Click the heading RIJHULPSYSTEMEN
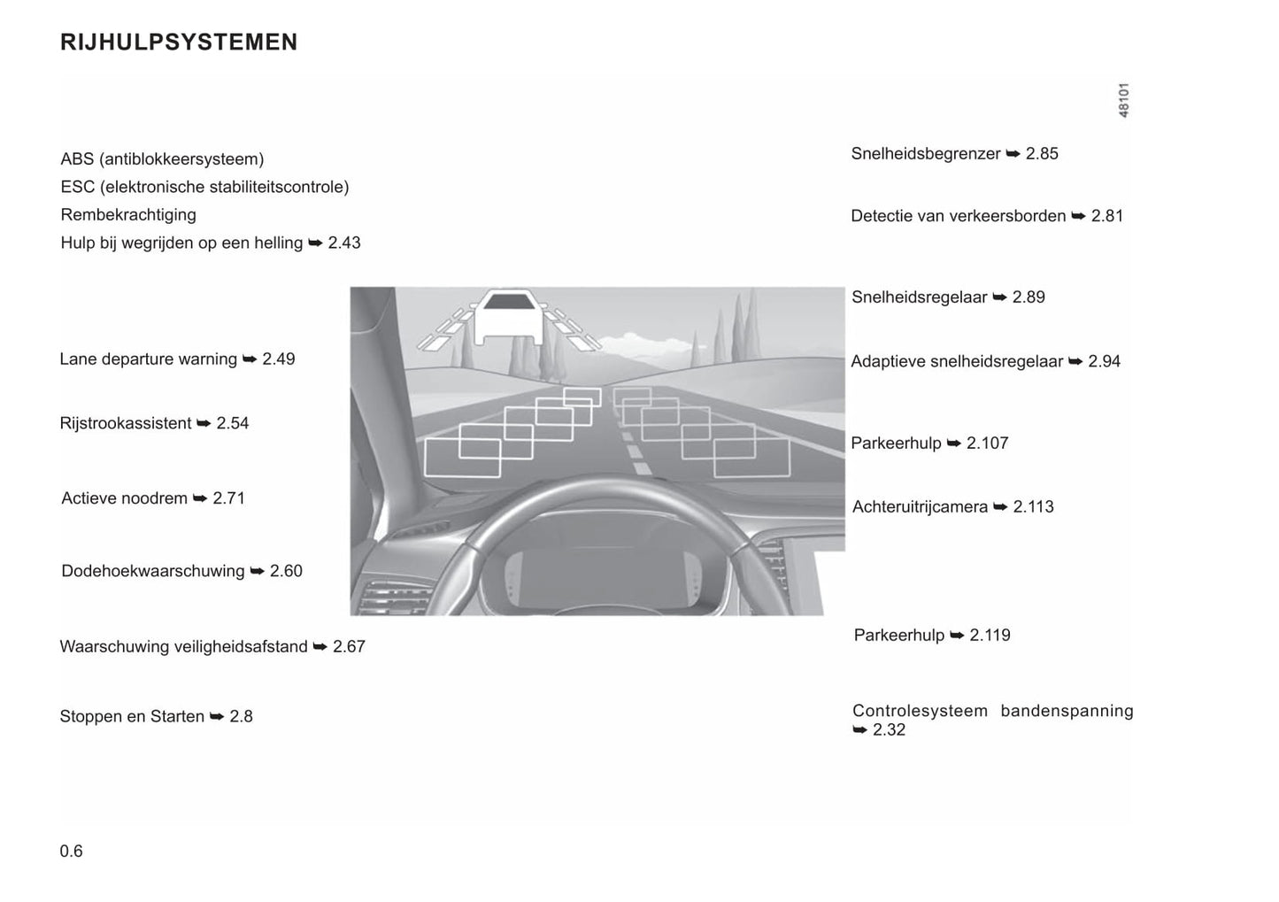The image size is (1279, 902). click(179, 42)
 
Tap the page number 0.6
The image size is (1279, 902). click(72, 852)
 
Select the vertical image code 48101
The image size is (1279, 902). click(1123, 101)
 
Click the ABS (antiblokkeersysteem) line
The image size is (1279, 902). click(162, 159)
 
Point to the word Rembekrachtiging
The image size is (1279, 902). click(128, 215)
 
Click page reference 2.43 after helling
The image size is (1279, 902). click(344, 243)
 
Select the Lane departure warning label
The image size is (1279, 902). click(148, 359)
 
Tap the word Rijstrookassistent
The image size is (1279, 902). click(126, 424)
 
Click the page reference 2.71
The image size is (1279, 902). click(229, 498)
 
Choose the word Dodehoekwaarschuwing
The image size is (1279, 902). click(153, 572)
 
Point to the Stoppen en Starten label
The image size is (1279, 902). click(132, 717)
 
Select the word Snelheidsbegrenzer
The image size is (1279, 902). click(926, 154)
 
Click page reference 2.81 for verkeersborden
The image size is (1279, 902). click(1107, 216)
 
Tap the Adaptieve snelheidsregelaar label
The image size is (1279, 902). click(957, 361)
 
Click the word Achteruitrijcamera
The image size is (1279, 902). click(920, 507)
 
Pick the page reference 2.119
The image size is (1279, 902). click(990, 636)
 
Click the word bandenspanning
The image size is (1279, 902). click(1067, 711)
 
